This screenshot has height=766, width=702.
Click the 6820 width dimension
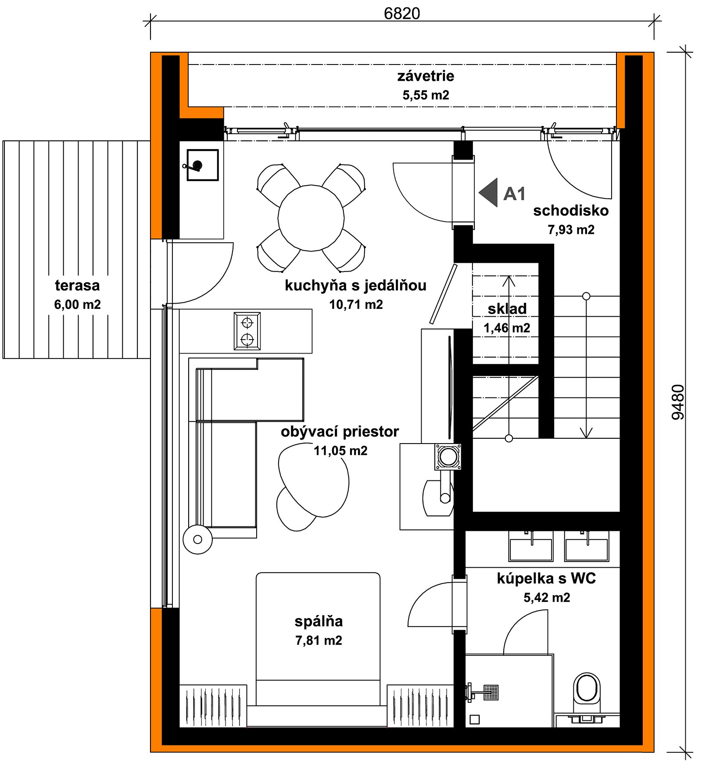401,14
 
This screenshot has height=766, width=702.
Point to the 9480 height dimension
678,402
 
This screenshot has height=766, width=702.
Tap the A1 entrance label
514,193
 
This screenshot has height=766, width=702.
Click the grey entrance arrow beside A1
488,192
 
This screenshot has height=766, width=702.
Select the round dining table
311,218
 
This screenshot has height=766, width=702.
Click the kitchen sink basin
203,165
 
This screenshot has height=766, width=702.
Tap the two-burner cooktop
247,331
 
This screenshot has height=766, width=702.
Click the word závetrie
426,76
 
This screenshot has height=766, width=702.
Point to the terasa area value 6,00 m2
77,304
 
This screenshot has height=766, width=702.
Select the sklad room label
507,308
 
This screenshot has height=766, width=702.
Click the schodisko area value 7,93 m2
571,229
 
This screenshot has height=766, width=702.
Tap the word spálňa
319,621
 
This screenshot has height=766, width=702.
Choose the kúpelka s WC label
546,578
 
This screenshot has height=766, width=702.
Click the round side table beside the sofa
197,539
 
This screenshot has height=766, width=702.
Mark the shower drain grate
491,692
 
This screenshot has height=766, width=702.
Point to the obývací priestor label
340,432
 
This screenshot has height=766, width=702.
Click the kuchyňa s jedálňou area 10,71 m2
356,304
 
